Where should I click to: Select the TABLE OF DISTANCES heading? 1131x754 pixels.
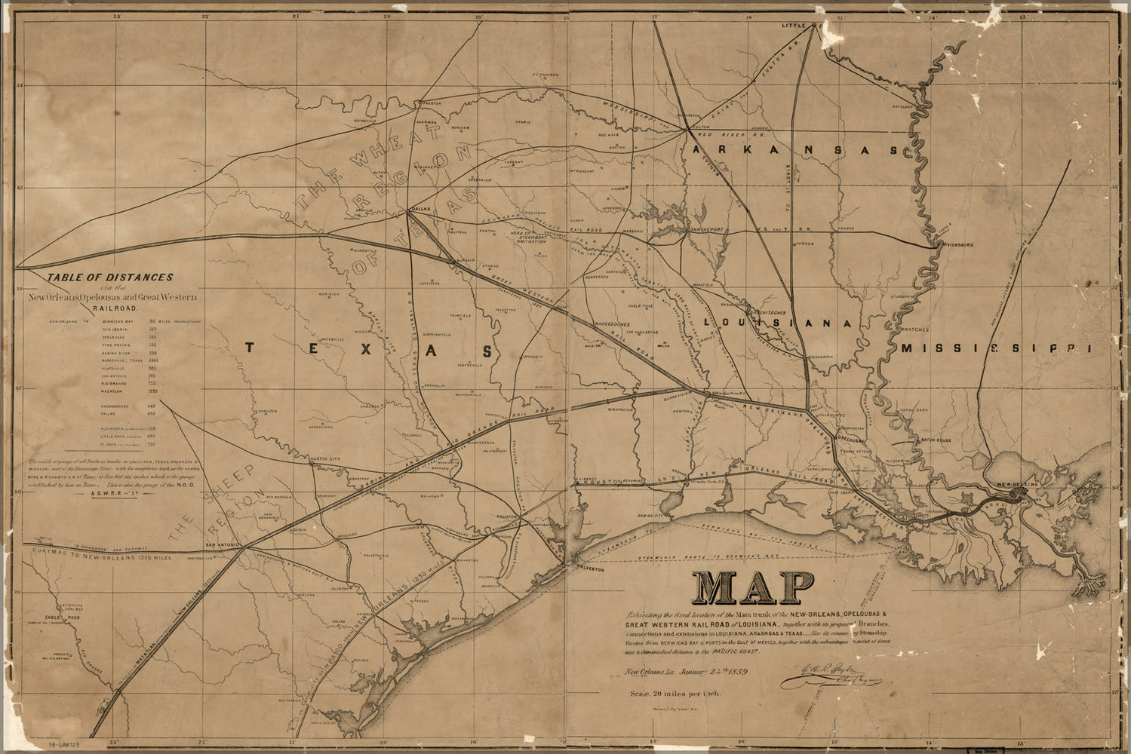coord(110,277)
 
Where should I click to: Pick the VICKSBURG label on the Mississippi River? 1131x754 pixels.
coord(957,245)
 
